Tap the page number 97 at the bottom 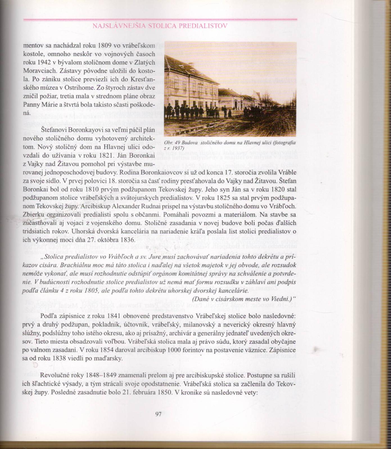pyautogui.click(x=158, y=414)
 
